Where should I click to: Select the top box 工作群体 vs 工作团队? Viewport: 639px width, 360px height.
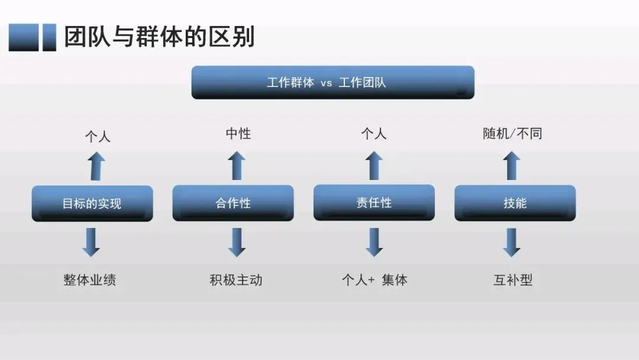click(333, 82)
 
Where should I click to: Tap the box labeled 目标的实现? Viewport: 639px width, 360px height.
click(92, 204)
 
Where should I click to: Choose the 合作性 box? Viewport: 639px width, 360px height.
click(233, 203)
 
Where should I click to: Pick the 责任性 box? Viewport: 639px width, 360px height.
click(374, 202)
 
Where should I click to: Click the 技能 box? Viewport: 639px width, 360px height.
click(515, 203)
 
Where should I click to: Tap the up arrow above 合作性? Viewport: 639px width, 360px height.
click(237, 166)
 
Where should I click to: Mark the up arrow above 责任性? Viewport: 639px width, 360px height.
click(374, 166)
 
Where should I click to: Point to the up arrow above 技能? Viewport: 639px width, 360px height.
click(512, 166)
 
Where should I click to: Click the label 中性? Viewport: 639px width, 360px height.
click(238, 134)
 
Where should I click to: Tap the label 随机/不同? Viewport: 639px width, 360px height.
click(512, 134)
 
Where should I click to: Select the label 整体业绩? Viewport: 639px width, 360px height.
click(89, 280)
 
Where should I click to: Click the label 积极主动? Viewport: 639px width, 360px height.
click(235, 280)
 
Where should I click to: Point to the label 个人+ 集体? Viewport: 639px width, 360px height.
click(375, 280)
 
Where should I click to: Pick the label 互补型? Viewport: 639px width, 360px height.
click(513, 280)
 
